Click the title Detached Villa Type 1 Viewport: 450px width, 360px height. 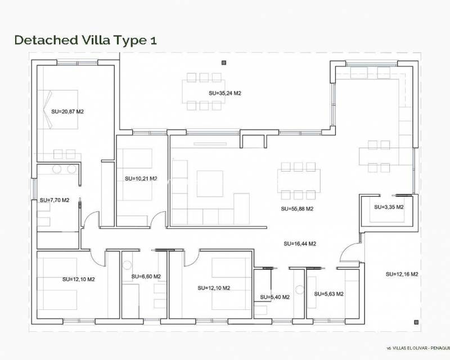(85, 40)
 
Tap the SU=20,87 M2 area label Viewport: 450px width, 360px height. (67, 112)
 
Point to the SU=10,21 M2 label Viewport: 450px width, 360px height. (141, 179)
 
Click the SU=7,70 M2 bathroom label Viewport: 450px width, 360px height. (55, 200)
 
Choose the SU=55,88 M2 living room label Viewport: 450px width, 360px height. (296, 209)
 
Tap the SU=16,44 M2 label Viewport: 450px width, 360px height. (300, 244)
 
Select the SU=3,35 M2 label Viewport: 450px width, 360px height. (389, 207)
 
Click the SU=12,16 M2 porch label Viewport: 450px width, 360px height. (402, 274)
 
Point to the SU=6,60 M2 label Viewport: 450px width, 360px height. (146, 277)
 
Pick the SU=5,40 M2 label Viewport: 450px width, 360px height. (274, 297)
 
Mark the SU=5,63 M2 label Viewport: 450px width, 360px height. (329, 294)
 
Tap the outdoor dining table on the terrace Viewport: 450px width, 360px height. (201, 91)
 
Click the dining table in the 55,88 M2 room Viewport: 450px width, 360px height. (299, 181)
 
